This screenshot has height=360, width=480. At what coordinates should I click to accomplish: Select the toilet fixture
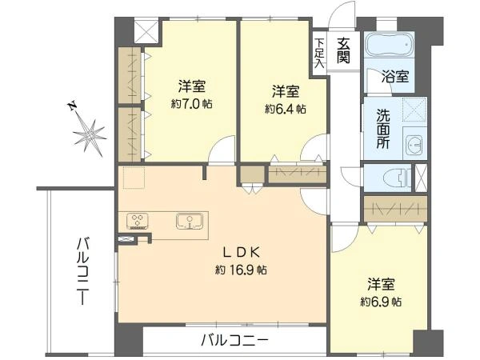click(398, 178)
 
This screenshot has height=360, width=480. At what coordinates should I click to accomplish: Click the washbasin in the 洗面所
click(414, 145)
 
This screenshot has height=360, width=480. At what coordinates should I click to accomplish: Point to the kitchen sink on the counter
click(190, 222)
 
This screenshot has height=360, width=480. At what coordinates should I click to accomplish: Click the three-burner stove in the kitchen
click(138, 221)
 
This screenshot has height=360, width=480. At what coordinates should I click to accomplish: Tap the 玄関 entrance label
click(343, 50)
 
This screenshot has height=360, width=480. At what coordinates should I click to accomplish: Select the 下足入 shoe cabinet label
click(319, 53)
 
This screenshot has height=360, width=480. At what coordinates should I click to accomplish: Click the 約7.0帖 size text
click(192, 104)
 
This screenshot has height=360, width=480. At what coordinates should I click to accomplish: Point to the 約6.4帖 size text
click(286, 109)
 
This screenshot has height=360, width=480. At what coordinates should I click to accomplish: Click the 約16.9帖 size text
click(241, 270)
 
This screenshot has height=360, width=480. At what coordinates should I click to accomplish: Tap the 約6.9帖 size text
click(381, 302)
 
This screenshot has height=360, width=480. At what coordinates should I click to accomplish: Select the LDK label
click(242, 253)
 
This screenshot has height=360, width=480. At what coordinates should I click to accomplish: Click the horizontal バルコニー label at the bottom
click(234, 340)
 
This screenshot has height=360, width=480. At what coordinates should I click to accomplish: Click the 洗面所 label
click(383, 129)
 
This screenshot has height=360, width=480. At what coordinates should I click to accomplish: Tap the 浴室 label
click(395, 76)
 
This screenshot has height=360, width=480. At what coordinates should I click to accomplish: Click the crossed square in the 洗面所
click(414, 110)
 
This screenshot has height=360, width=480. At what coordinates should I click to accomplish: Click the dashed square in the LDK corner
click(134, 177)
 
